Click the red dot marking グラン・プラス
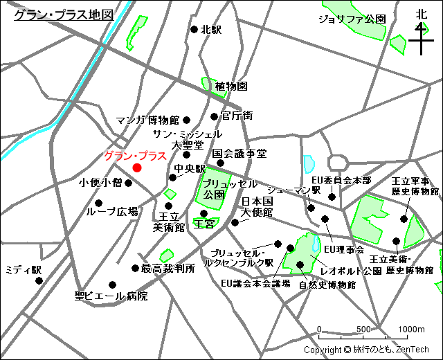click(137, 168)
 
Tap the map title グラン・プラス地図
click(64, 15)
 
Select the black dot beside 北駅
click(195, 30)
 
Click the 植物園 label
click(231, 87)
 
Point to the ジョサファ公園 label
click(352, 19)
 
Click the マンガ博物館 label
click(148, 120)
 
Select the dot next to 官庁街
click(215, 116)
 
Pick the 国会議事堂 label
click(239, 153)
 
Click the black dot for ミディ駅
click(39, 280)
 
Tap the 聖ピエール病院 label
click(111, 296)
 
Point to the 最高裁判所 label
click(168, 268)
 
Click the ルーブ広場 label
click(111, 212)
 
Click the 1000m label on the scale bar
click(411, 328)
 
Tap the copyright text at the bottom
click(366, 350)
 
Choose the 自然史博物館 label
click(327, 285)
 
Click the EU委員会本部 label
click(341, 180)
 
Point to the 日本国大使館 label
click(257, 206)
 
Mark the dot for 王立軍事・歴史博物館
click(404, 218)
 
